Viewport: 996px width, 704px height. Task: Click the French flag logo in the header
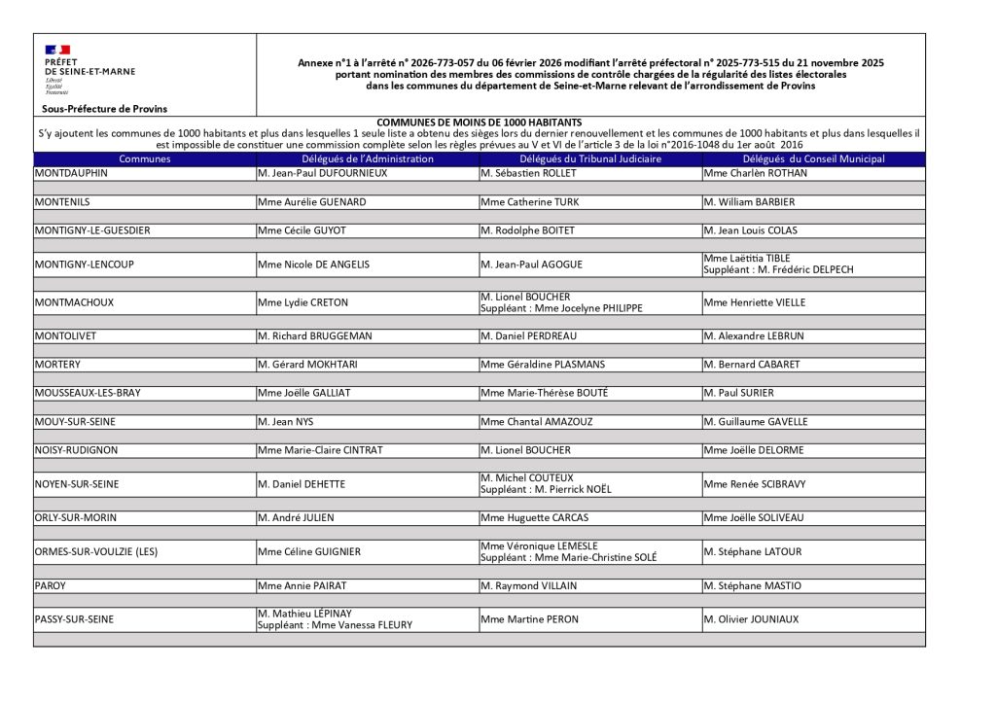tap(57, 50)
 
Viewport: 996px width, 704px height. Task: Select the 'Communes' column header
tap(145, 158)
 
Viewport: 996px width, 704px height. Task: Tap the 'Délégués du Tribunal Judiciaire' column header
tap(590, 158)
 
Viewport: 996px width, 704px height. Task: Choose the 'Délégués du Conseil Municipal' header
tap(813, 158)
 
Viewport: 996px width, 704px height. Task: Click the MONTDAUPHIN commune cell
tap(71, 173)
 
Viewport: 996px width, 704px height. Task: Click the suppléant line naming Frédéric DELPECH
tap(778, 269)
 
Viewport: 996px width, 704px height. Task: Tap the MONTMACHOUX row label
tap(74, 302)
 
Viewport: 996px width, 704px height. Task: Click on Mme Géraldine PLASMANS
tap(543, 365)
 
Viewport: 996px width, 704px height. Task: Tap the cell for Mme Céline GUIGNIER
tap(308, 551)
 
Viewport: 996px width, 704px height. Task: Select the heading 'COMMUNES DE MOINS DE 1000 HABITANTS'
tap(479, 122)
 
